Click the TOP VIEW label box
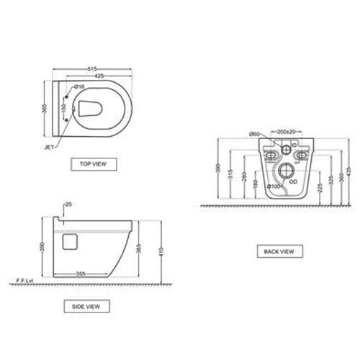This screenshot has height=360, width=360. pos(94,164)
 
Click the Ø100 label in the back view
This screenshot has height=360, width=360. pos(274,186)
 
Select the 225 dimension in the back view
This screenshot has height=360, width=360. pos(318,188)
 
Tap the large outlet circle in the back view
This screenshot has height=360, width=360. pos(285,172)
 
